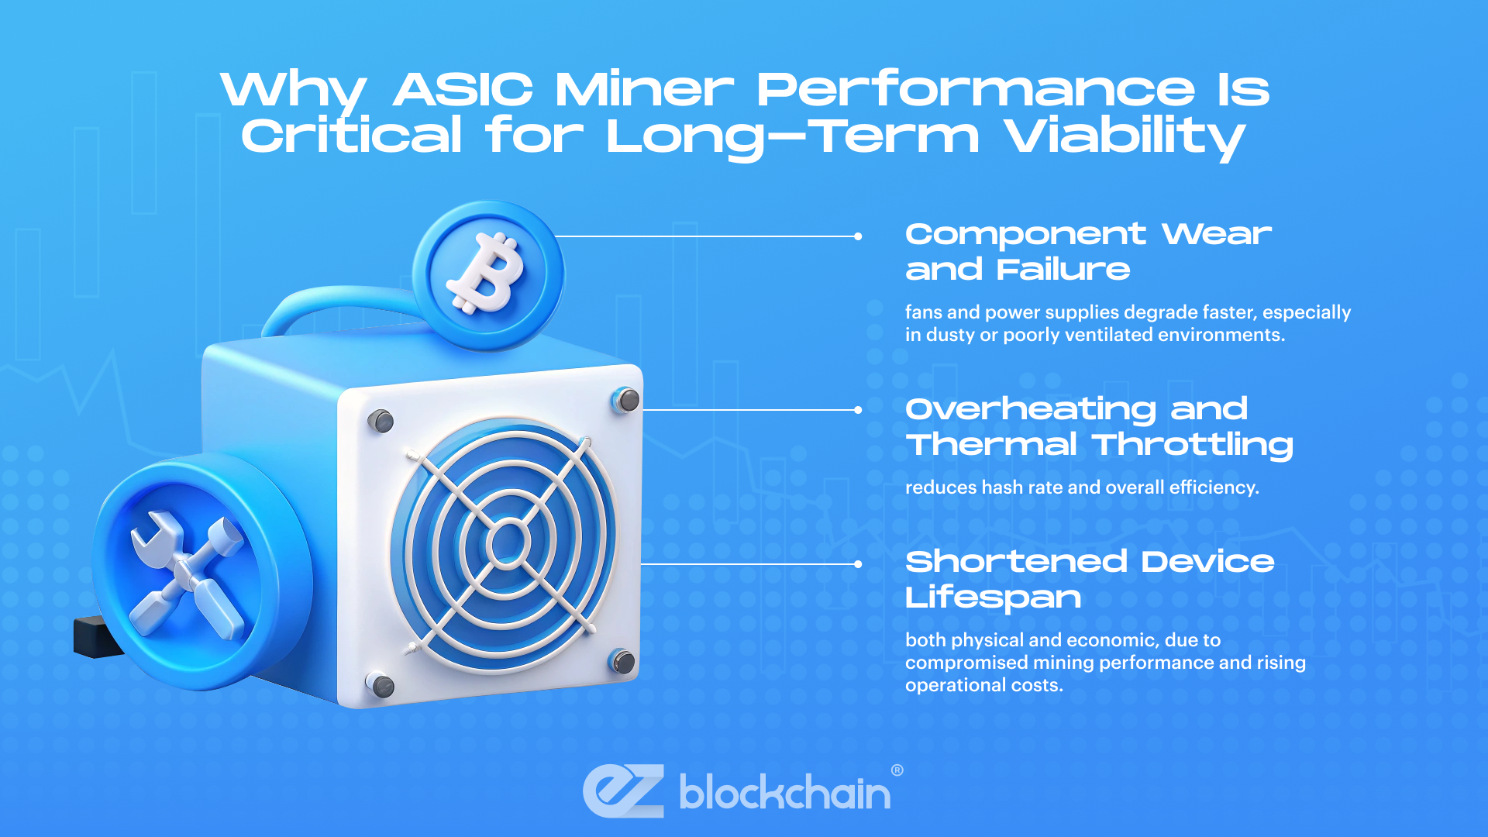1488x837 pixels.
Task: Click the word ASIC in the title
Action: click(x=463, y=90)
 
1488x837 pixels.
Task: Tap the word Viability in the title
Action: click(x=1125, y=136)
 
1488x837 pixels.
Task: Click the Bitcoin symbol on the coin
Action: click(x=487, y=274)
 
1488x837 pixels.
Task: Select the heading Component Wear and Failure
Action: click(x=1088, y=251)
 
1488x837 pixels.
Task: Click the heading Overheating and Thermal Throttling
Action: click(x=1099, y=426)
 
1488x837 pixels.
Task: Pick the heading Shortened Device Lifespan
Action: click(x=1090, y=579)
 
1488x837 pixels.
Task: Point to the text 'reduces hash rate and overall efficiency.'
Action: click(x=1082, y=487)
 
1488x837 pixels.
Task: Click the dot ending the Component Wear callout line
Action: click(x=858, y=236)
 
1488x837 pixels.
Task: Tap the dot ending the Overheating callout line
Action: click(x=858, y=410)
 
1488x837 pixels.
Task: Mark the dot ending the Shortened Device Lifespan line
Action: click(x=858, y=564)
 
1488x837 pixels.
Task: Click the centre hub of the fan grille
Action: click(x=508, y=542)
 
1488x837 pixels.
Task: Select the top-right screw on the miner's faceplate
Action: click(x=626, y=400)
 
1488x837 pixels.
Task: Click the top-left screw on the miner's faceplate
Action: click(x=381, y=421)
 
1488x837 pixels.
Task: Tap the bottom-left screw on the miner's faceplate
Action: click(x=381, y=685)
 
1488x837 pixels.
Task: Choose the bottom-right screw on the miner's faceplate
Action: click(x=623, y=661)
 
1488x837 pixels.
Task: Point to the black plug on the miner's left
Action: click(x=93, y=637)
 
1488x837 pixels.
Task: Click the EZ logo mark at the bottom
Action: click(x=624, y=790)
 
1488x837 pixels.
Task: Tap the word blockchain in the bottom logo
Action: click(x=784, y=793)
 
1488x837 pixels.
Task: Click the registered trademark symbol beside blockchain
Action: click(x=897, y=770)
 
